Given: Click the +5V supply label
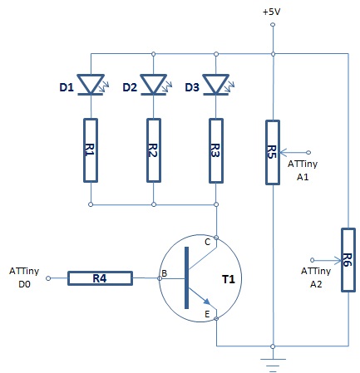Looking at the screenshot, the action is (272, 12).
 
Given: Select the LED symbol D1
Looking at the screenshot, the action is (91, 85).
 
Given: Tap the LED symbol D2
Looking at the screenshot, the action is (154, 85).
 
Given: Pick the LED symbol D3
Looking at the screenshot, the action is (216, 85).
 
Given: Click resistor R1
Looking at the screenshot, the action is (91, 150).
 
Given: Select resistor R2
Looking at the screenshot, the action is (154, 150).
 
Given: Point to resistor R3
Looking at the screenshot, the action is (216, 150).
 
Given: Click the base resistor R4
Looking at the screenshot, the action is (100, 278).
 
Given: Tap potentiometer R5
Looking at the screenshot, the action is (273, 152).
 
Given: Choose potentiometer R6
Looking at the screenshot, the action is (348, 260).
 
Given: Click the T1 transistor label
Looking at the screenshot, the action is (229, 279).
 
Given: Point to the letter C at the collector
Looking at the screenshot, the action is (208, 243).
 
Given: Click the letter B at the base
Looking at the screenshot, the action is (164, 273).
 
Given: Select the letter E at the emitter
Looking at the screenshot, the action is (207, 314).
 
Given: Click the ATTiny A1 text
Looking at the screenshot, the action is (303, 170).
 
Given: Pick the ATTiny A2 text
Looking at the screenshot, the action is (316, 277).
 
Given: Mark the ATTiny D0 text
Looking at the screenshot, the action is (24, 277).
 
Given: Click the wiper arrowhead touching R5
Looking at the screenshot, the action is (284, 152).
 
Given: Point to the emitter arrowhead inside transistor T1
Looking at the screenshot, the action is (206, 302).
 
